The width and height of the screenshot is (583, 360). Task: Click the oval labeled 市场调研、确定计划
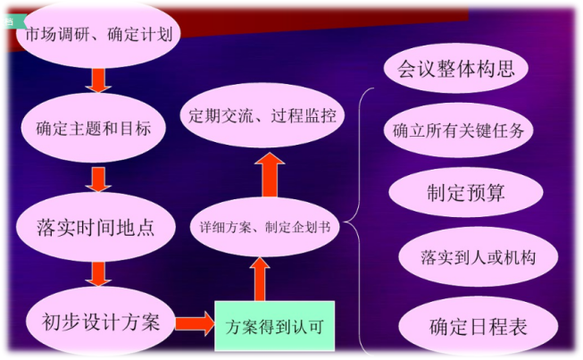(x=99, y=37)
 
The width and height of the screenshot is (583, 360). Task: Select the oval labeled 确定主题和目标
(x=99, y=128)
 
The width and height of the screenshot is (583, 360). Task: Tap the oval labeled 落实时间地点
(x=99, y=227)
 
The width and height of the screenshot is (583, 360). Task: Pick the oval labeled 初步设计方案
(x=99, y=321)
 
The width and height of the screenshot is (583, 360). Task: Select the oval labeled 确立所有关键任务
(x=457, y=130)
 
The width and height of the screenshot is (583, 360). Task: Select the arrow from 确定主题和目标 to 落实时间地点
(x=99, y=178)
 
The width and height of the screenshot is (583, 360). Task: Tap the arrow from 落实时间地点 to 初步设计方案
(x=99, y=272)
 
